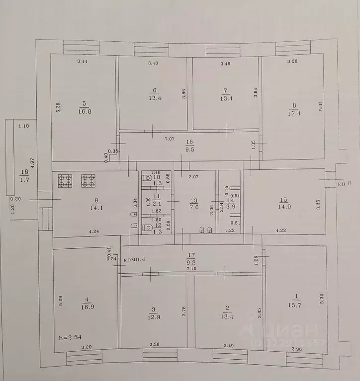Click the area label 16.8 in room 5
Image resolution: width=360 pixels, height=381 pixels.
coord(84,111)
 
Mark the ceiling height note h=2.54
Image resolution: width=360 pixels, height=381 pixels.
coord(69,337)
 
